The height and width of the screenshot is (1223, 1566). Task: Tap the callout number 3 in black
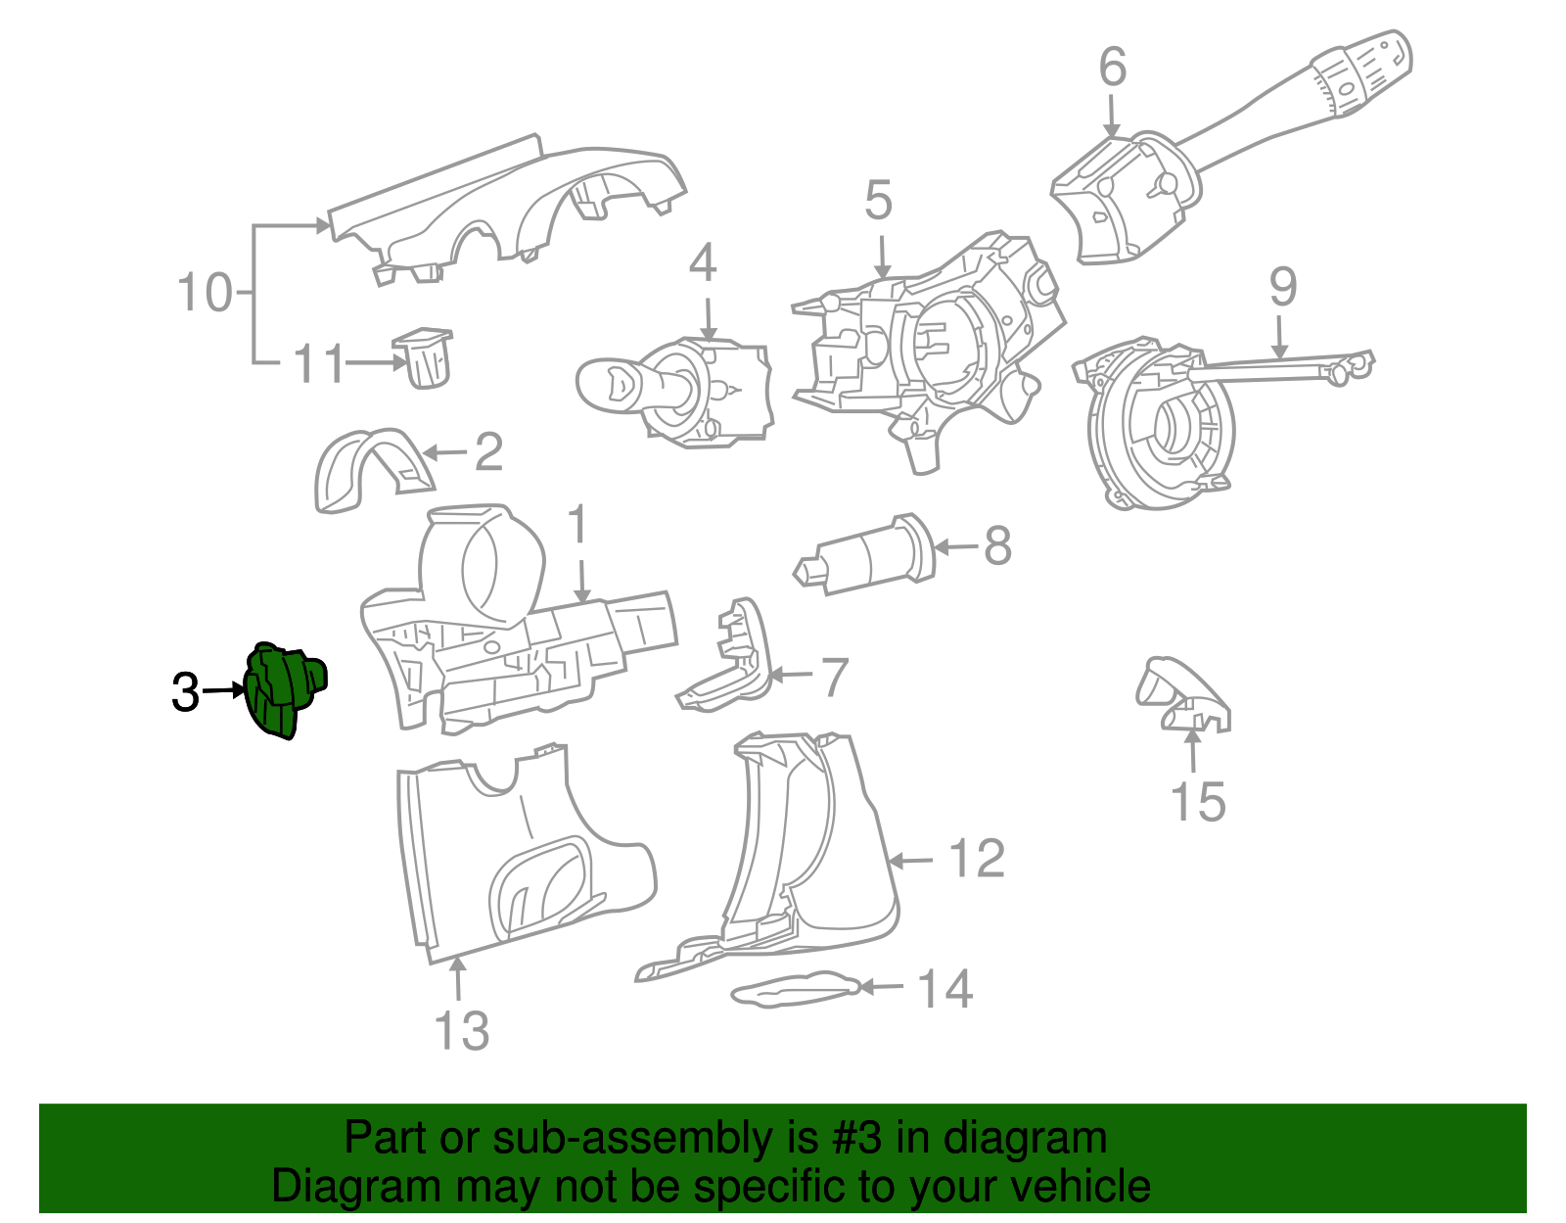[x=185, y=693]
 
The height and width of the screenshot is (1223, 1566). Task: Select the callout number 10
[x=204, y=293]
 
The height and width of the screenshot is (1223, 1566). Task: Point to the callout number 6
[x=1112, y=67]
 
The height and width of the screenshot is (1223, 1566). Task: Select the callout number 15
[x=1197, y=802]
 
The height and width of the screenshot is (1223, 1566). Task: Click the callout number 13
[x=461, y=1031]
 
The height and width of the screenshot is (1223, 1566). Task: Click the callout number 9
[x=1282, y=287]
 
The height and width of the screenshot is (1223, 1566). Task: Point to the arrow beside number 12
[x=911, y=861]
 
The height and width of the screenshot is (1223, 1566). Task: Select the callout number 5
[x=878, y=201]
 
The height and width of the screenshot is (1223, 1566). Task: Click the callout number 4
[x=703, y=263]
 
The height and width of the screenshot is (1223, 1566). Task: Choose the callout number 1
[x=578, y=525]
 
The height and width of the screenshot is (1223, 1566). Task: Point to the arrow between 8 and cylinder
[x=957, y=546]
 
